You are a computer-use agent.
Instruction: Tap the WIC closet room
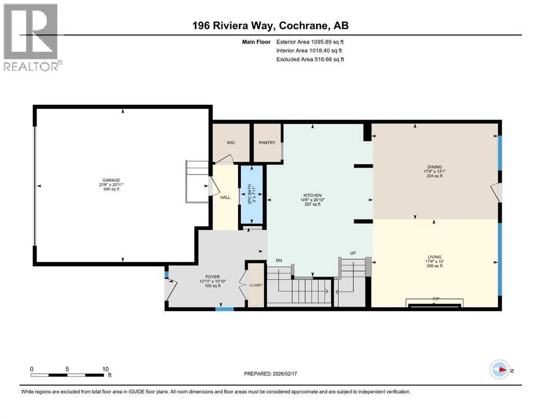pos(230,143)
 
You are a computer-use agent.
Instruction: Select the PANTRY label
pos(268,143)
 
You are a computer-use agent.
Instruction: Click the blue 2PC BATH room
pos(252,194)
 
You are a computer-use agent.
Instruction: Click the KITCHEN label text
pos(313,195)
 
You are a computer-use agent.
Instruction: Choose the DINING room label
pos(434,167)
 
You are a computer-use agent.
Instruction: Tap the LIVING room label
pos(434,257)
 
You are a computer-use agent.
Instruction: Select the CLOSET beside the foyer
pos(256,285)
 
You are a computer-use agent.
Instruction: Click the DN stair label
pos(279,260)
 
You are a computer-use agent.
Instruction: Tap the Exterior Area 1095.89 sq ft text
pos(310,41)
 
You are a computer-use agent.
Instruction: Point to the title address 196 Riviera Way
pos(270,26)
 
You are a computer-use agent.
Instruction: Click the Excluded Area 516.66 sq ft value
pos(310,59)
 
